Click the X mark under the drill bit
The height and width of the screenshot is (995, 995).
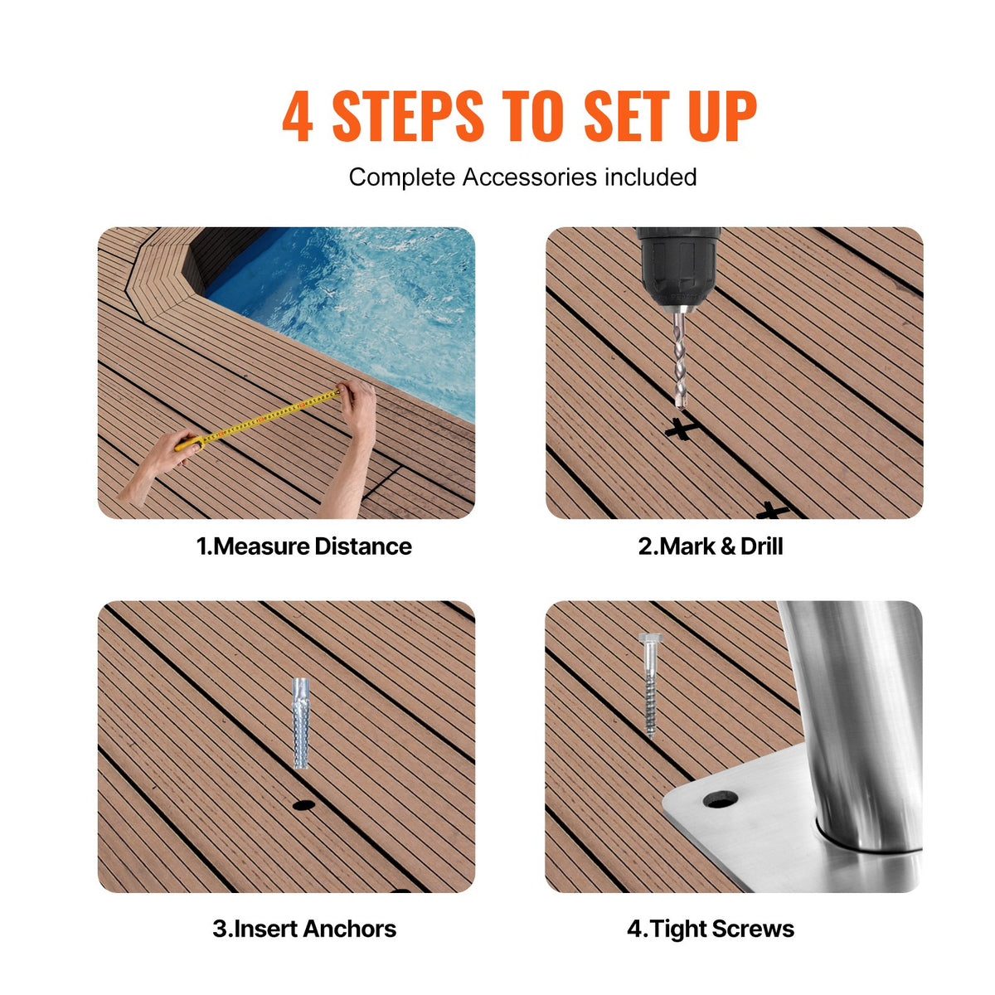pos(681,430)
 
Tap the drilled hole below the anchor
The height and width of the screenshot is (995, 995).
pos(303,804)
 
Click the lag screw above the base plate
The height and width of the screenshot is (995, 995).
pos(649,688)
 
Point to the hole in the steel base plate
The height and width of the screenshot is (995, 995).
pos(720,799)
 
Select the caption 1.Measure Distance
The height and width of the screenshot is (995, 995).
pos(303,546)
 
